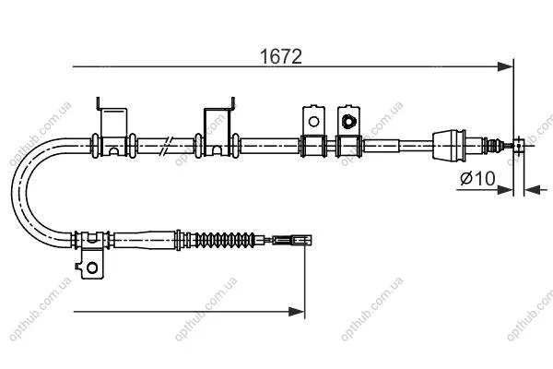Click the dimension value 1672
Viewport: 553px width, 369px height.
pyautogui.click(x=281, y=56)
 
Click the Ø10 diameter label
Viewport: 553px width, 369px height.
pyautogui.click(x=477, y=178)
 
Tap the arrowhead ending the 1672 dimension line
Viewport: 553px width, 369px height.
pyautogui.click(x=505, y=66)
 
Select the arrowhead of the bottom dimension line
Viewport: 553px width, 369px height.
pyautogui.click(x=296, y=312)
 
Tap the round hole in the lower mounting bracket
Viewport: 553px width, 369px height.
pyautogui.click(x=92, y=268)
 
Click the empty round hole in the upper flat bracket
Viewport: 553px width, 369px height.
pyautogui.click(x=313, y=122)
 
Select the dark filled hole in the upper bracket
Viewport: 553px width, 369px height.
pyautogui.click(x=348, y=121)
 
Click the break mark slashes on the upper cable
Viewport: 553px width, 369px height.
pyautogui.click(x=166, y=146)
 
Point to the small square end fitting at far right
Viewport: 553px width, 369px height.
pyautogui.click(x=518, y=146)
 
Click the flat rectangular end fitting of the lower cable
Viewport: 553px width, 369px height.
pyautogui.click(x=292, y=241)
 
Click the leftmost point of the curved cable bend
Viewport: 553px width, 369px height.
pyautogui.click(x=12, y=191)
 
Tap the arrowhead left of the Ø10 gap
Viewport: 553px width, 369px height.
pyautogui.click(x=505, y=190)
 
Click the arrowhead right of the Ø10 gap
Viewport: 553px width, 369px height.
pyautogui.click(x=532, y=190)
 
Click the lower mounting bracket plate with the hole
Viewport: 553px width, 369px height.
pyautogui.click(x=90, y=264)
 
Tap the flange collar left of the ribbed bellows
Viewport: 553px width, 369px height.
pyautogui.click(x=179, y=240)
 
